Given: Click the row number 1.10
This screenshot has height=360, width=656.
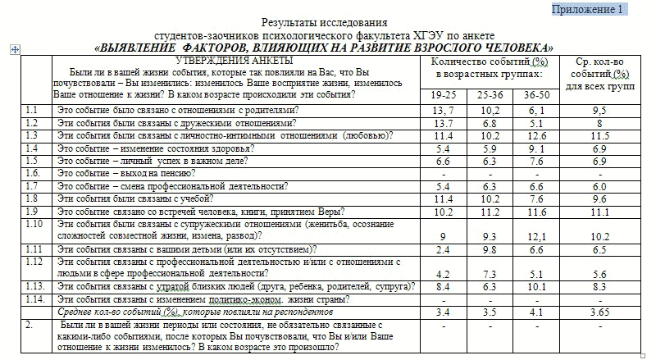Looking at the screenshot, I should click(x=34, y=223).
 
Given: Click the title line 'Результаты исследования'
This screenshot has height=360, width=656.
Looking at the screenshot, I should click(x=324, y=22).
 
